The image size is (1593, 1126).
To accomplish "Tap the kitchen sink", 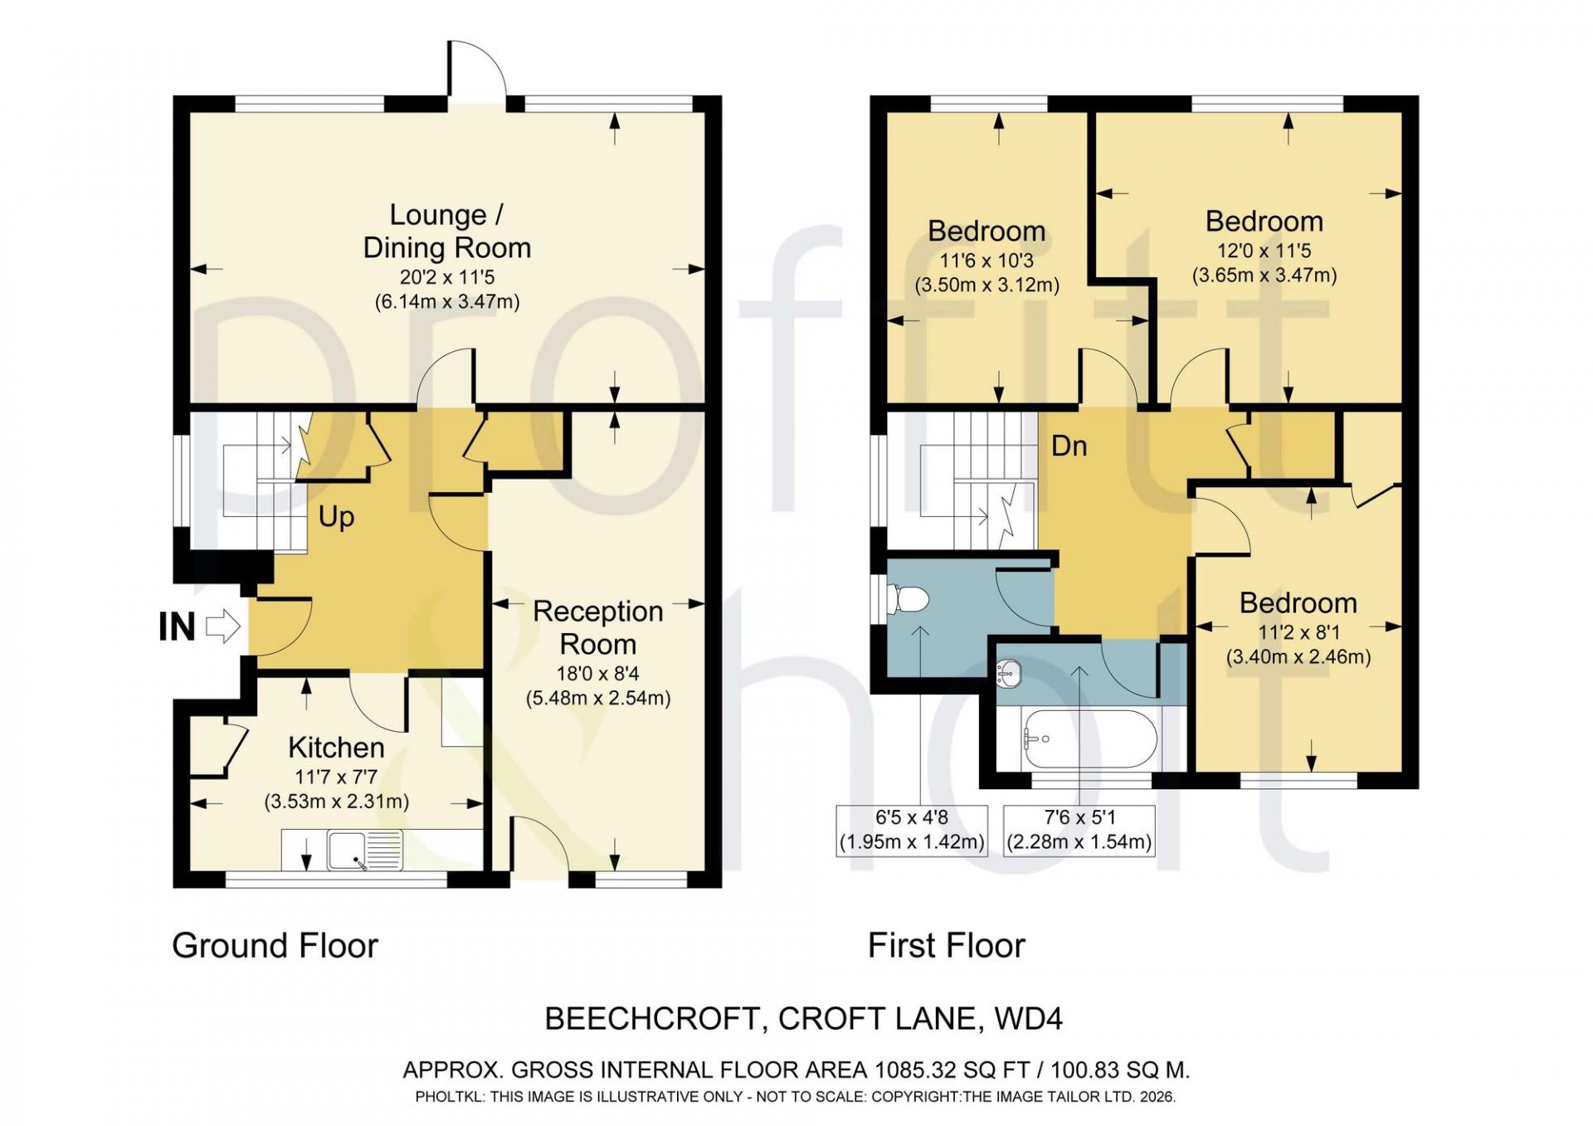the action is pos(365,850).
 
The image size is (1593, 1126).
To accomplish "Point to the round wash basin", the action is pos(1009,673).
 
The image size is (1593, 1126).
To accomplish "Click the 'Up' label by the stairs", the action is pos(336,517).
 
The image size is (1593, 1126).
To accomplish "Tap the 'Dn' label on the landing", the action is pos(1069,446).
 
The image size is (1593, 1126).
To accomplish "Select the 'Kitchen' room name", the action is pos(336,748).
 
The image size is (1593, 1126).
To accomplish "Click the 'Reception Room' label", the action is pos(598,627).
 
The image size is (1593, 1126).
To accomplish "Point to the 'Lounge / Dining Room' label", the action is pos(447,232).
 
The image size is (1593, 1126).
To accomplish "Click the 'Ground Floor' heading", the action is pos(275,946).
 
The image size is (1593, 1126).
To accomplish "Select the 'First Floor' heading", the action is pos(947,946).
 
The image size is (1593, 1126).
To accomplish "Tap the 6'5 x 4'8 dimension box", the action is pos(912,831).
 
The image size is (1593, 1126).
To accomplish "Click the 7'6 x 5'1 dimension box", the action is pos(1079,831).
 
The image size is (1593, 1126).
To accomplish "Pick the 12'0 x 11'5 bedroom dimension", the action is pos(1264,251).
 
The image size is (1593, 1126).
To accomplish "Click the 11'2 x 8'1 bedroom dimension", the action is pos(1298,632).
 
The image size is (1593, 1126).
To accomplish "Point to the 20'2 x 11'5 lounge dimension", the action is pos(447,277).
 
